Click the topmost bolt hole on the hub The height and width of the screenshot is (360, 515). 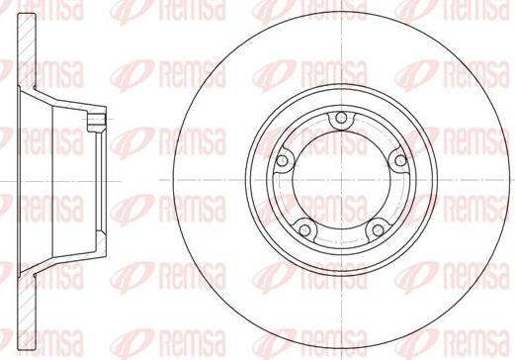click(342, 118)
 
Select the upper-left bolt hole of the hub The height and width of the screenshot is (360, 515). click(282, 161)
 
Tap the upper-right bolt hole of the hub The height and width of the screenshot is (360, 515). click(400, 160)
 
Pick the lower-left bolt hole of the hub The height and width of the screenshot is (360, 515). click(304, 229)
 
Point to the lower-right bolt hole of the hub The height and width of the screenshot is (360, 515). click(378, 229)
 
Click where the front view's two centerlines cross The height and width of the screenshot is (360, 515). click(342, 180)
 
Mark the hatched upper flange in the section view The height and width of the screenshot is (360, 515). click(27, 51)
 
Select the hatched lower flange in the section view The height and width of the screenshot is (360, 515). click(27, 310)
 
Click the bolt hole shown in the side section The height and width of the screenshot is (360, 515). click(97, 119)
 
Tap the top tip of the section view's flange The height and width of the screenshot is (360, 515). click(27, 14)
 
